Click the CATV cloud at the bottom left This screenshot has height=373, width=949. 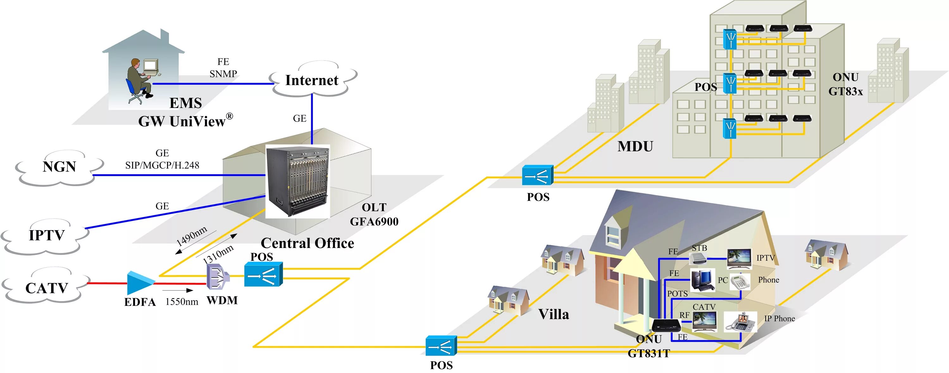click(47, 288)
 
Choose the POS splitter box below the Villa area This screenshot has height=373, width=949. click(441, 346)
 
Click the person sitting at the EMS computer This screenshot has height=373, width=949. click(139, 79)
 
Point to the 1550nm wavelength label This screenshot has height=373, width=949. click(182, 302)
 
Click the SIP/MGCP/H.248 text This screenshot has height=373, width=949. click(162, 165)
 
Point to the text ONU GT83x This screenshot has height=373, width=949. click(845, 84)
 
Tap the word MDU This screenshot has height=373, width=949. click(635, 146)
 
